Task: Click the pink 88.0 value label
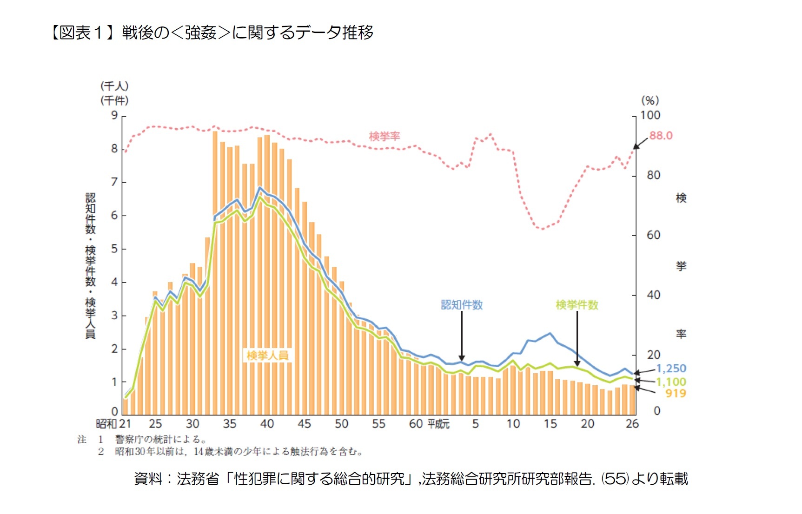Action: coord(661,135)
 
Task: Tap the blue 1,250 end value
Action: coord(671,368)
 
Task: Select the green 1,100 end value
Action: coord(671,382)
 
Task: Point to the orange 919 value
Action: coord(676,393)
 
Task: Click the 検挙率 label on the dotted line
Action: coord(384,136)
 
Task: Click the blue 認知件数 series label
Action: coord(462,305)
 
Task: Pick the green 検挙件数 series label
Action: coord(577,305)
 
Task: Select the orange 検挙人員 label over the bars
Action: coord(267,356)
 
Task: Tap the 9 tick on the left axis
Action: coord(114,115)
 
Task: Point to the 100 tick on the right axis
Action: coord(650,115)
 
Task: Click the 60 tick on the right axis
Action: coord(653,235)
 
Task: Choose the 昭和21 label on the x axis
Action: coord(113,424)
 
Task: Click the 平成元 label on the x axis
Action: coord(438,424)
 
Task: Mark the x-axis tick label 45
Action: coord(304,424)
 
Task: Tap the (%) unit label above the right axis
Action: coord(650,100)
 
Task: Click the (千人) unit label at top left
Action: coord(114,86)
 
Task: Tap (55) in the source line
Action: coord(616,479)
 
